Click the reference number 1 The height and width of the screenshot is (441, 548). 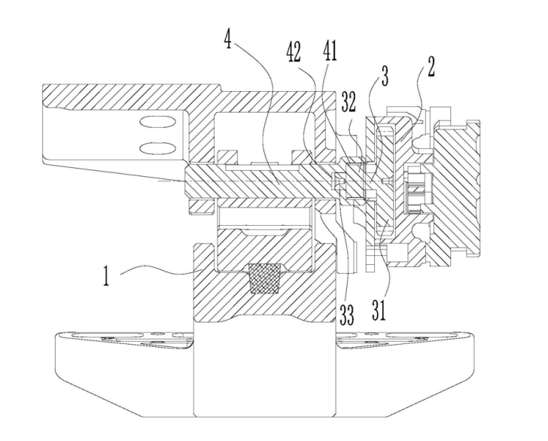106,275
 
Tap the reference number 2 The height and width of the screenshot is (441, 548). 431,67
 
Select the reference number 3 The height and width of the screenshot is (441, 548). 384,76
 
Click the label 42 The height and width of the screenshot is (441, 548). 294,53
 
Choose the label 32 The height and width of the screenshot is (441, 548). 349,103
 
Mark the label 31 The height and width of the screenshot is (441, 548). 379,310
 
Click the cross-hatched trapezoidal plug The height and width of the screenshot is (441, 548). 264,278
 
